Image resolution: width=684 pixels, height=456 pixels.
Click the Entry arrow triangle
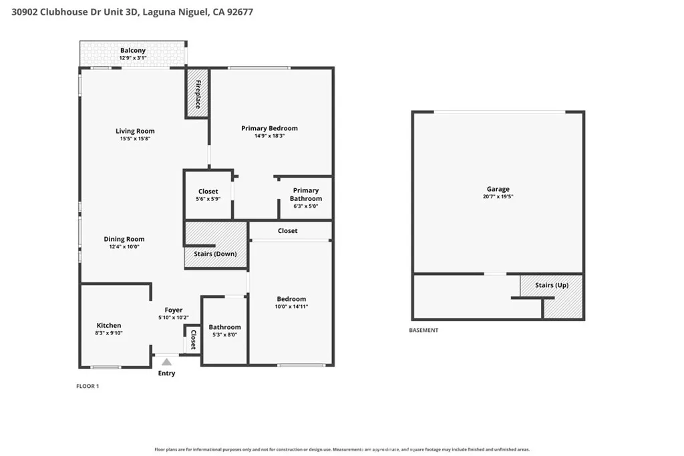(166, 362)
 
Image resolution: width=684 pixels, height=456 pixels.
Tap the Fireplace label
(198, 94)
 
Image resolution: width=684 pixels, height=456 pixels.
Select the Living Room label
(135, 131)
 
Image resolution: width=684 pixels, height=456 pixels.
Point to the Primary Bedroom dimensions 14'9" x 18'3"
(270, 136)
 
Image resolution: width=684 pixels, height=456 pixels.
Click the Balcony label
(133, 50)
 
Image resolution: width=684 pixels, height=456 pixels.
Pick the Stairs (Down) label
(216, 254)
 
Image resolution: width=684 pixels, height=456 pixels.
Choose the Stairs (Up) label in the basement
(552, 285)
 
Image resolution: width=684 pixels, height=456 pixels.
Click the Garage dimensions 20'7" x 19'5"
(498, 196)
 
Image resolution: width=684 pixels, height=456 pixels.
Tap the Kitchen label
(109, 325)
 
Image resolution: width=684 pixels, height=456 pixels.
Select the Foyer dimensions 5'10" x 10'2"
(174, 318)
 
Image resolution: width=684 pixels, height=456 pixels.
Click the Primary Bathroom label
(306, 194)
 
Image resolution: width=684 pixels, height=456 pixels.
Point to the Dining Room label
(124, 239)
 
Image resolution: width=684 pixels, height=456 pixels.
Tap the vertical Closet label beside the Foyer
(193, 339)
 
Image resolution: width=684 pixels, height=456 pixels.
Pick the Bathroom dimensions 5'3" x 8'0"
(224, 334)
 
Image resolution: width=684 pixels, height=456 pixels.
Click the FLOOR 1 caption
(88, 386)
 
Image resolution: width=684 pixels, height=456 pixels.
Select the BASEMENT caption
(423, 330)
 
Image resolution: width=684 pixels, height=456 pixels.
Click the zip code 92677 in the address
(240, 12)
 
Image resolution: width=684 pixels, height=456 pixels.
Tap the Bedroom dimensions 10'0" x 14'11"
(291, 306)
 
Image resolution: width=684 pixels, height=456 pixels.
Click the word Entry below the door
(166, 373)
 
